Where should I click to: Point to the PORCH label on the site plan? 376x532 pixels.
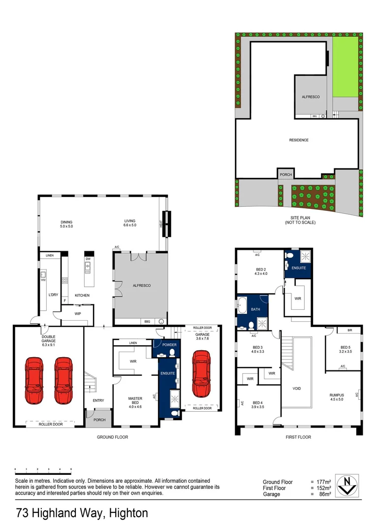click(x=285, y=175)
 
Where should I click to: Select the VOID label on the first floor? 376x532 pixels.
click(x=296, y=389)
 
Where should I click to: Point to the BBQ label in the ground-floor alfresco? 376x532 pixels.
click(x=146, y=321)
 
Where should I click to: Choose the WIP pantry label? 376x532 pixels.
click(x=77, y=313)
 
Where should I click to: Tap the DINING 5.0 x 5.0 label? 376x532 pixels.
click(x=66, y=224)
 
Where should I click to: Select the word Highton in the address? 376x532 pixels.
click(x=129, y=513)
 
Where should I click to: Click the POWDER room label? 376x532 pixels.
click(x=169, y=345)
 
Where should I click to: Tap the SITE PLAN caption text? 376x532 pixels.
click(x=300, y=220)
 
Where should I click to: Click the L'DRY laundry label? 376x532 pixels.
click(x=53, y=295)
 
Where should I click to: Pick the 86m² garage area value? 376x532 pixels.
click(x=325, y=494)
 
